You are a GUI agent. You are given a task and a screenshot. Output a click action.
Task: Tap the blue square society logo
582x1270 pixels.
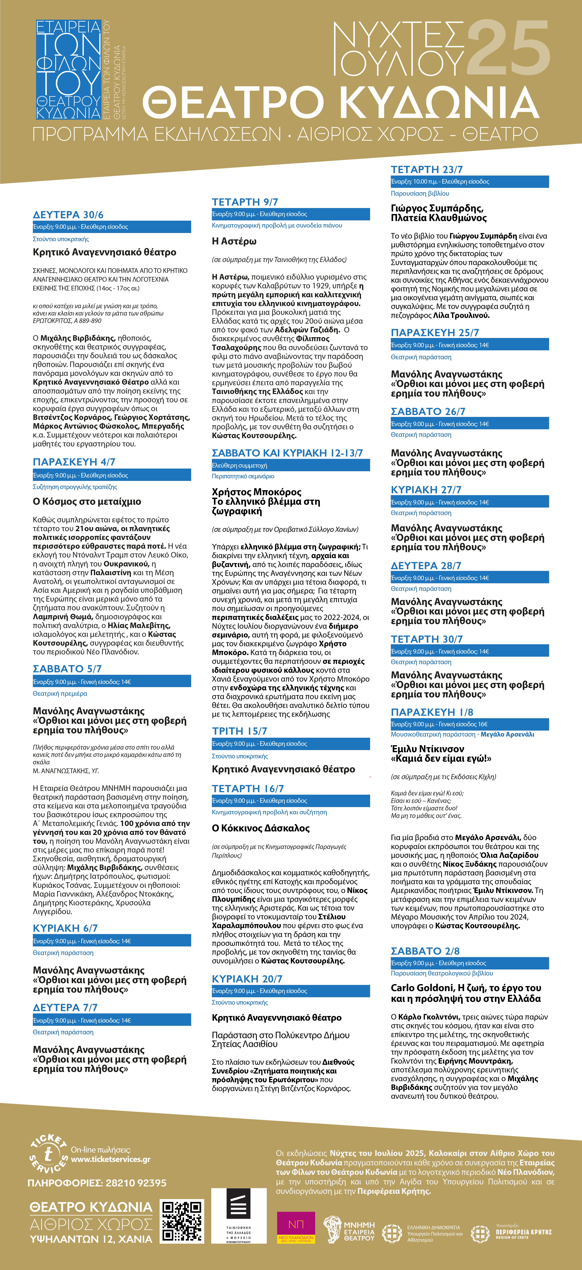pos(68,69)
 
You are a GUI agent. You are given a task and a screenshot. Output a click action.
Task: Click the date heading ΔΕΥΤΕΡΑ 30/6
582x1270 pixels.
pos(68,215)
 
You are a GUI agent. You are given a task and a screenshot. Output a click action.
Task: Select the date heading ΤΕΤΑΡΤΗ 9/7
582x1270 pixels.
pos(245,202)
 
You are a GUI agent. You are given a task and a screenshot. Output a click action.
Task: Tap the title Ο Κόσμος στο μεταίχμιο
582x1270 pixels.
pos(87,501)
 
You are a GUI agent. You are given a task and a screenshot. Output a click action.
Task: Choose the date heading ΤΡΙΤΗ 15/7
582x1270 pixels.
pos(240,731)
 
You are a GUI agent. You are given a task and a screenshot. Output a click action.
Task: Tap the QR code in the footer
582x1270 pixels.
pos(182,1221)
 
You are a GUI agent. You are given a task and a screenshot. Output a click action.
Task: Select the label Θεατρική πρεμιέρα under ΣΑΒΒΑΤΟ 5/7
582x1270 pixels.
pos(60,693)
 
